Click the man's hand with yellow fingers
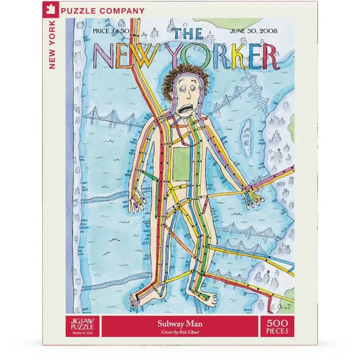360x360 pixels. coord(255,197)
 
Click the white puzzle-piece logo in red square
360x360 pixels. coord(72,11)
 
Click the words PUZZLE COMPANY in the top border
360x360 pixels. coord(112,11)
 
